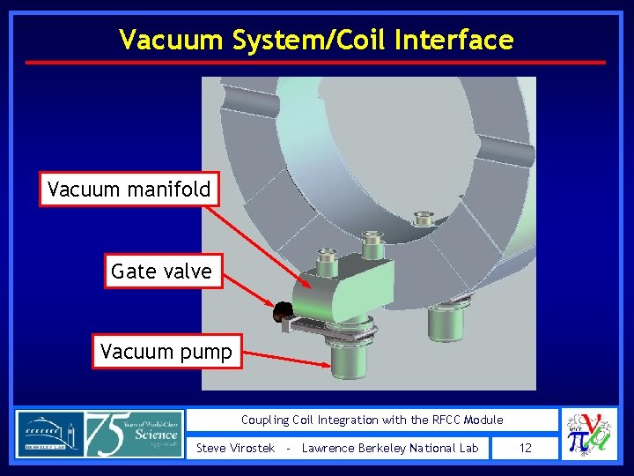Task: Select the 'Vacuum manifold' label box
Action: [x=129, y=189]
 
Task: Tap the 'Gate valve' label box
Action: [x=161, y=271]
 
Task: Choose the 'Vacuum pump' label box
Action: [x=166, y=353]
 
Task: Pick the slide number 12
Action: [x=525, y=448]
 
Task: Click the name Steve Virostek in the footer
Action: [x=234, y=448]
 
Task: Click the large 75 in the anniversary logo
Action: [x=109, y=434]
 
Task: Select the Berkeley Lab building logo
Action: [x=49, y=434]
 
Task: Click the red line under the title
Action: [x=315, y=63]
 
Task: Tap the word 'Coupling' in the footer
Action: [x=267, y=420]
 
